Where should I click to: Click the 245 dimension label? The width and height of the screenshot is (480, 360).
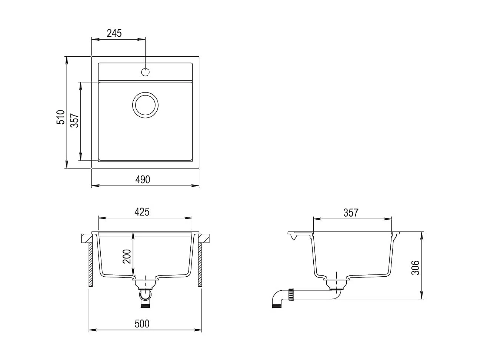pos(114,33)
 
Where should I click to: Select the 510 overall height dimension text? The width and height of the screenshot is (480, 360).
pos(61,117)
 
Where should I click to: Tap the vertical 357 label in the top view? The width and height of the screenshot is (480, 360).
pos(75,120)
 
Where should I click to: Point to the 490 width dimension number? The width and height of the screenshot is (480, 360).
pos(143,180)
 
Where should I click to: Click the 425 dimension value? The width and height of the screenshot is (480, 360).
pos(141,212)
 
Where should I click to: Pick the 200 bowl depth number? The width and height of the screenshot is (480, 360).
pos(127,256)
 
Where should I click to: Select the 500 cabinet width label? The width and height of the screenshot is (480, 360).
pos(141,323)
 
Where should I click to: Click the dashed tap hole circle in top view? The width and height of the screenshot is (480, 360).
pos(146,72)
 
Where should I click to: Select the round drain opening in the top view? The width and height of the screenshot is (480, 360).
pos(146,105)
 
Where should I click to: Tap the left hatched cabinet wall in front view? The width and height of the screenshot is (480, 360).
pos(90,265)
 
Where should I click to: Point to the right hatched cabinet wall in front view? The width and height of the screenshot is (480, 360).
pos(200,265)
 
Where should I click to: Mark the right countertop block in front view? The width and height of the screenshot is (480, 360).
pos(203,238)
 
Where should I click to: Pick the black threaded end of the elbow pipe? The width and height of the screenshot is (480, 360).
pos(276,306)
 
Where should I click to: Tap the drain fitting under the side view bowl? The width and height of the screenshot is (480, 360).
pos(336,284)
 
